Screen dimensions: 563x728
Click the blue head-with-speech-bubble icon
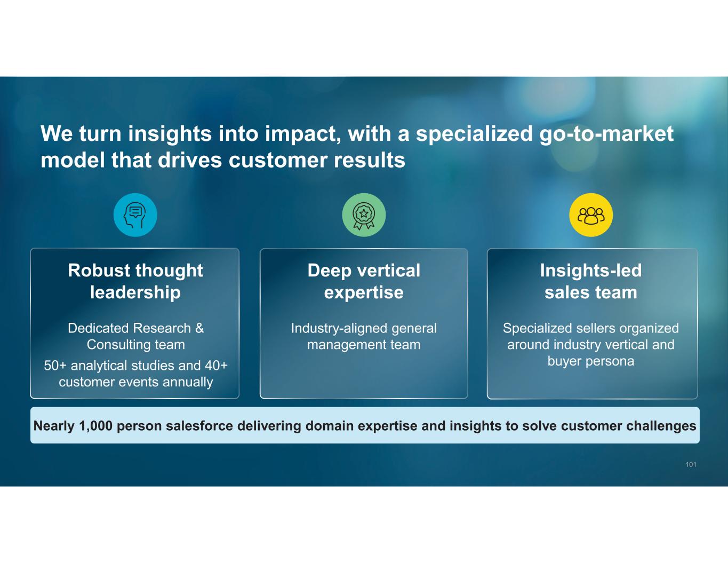135,215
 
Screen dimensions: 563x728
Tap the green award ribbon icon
364,215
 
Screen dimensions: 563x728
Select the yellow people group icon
591,215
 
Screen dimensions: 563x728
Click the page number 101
691,465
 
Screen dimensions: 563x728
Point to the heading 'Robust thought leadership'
135,281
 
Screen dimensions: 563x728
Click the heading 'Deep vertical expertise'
364,281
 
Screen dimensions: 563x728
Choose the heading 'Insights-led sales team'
591,281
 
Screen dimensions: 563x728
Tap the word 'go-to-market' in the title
606,133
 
